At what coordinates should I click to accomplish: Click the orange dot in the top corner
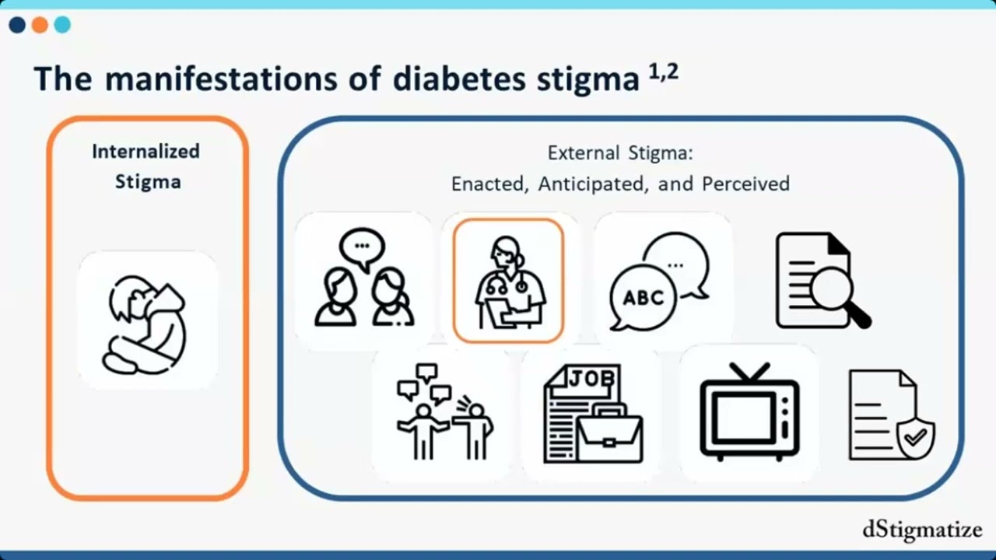[x=40, y=25]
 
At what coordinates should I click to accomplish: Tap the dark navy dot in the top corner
[x=17, y=25]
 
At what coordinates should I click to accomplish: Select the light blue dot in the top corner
[x=63, y=25]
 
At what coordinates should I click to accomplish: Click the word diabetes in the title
[x=459, y=79]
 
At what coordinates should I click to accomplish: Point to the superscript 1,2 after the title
[x=664, y=72]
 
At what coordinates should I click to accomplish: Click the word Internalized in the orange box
[x=146, y=152]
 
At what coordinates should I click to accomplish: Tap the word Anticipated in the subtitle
[x=591, y=184]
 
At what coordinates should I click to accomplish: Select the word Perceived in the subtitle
[x=745, y=184]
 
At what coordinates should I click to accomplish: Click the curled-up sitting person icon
[x=146, y=325]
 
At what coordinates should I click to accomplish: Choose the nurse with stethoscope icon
[x=510, y=282]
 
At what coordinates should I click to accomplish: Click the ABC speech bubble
[x=643, y=298]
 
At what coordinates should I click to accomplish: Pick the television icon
[x=749, y=411]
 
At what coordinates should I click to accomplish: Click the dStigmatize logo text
[x=922, y=530]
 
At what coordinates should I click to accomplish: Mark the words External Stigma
[x=620, y=153]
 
